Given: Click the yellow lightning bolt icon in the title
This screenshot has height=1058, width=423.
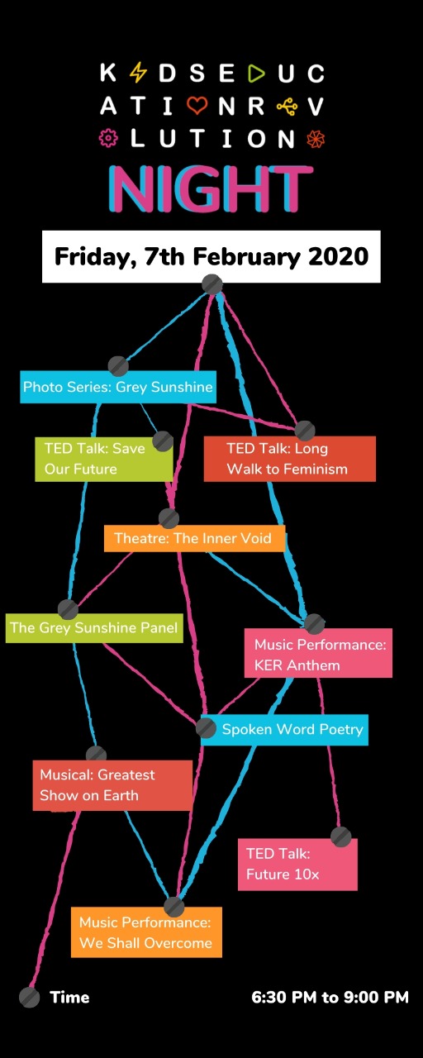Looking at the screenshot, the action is tap(138, 73).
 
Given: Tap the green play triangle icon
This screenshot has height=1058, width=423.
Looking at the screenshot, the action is tap(256, 73).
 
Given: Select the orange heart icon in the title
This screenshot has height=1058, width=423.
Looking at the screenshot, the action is tap(197, 106).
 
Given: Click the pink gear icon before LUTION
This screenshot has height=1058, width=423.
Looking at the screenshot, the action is tap(108, 138).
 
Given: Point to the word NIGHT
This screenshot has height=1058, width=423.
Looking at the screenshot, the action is tap(211, 188).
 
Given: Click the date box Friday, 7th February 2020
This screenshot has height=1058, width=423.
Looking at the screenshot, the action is tap(211, 256).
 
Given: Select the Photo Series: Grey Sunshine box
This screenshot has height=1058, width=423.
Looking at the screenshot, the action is tap(118, 387).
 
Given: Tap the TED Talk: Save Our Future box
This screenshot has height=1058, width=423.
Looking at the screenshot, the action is tap(104, 459).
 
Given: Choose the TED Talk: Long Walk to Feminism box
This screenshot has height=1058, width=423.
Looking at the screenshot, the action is tap(290, 459).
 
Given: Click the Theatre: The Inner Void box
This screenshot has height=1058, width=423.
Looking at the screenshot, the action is tap(194, 538).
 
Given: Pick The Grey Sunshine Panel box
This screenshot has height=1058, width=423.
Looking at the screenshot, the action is tap(94, 627).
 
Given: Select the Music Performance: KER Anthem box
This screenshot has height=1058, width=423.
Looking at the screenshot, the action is tap(318, 653).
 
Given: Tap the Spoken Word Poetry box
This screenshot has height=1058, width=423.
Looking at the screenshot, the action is tap(285, 730).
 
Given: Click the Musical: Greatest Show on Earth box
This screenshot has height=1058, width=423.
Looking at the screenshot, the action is tap(112, 785).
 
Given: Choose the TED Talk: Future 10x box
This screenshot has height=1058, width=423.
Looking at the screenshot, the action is tap(297, 865).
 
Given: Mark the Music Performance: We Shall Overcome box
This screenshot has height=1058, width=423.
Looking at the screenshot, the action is tap(146, 932).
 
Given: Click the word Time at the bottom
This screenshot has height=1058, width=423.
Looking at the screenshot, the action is tap(70, 997).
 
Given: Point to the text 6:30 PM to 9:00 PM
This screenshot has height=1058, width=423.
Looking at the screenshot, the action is tap(330, 997).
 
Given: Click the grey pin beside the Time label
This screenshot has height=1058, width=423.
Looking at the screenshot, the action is tap(29, 997).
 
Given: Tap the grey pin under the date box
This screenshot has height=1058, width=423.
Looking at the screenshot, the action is tap(212, 284).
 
